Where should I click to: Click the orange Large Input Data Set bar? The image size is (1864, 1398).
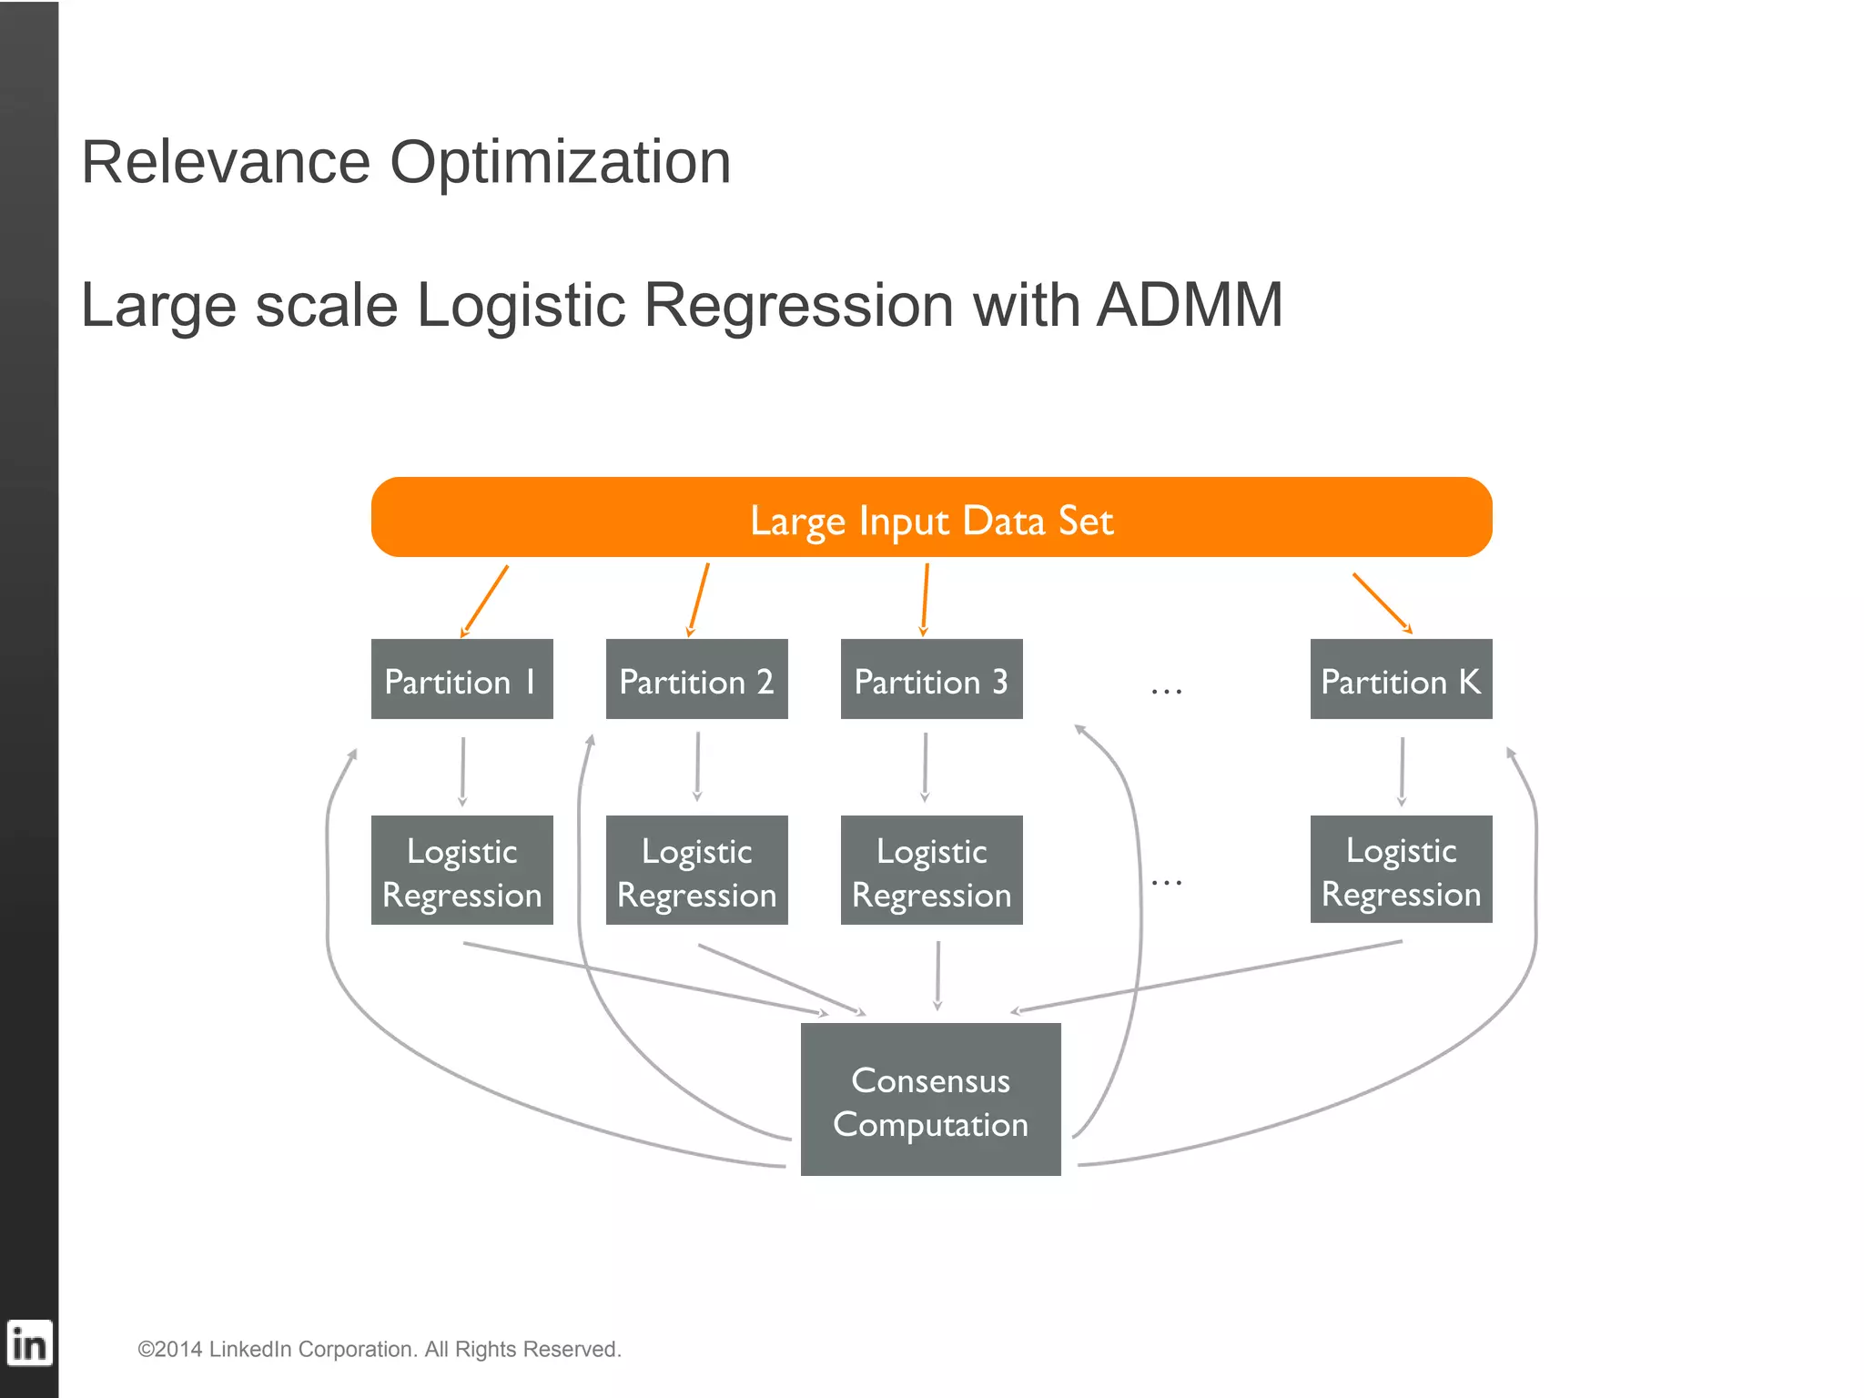tap(931, 517)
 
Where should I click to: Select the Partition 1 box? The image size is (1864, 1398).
tap(461, 679)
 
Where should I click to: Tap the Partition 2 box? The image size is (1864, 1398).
tap(696, 679)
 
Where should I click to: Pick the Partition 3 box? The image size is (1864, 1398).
tap(931, 679)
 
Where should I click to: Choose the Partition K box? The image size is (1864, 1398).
tap(1401, 679)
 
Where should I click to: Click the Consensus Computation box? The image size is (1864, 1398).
tap(930, 1099)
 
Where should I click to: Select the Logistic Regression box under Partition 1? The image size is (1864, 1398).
tap(461, 870)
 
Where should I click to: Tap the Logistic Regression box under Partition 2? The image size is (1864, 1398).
tap(696, 870)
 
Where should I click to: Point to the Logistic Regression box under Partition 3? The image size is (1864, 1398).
tap(931, 870)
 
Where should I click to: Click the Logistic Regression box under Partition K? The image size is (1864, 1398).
tap(1401, 869)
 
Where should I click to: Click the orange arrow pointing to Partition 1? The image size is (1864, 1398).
tap(485, 601)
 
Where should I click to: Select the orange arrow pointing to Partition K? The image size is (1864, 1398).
tap(1382, 603)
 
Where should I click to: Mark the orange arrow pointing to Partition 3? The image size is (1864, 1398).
tap(925, 599)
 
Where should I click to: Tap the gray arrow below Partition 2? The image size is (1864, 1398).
tap(697, 766)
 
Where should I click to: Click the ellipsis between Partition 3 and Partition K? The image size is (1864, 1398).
tap(1166, 692)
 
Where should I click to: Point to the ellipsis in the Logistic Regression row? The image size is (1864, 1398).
tap(1166, 882)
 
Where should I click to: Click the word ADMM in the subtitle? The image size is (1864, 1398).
tap(1189, 304)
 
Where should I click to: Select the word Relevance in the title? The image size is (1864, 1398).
tap(226, 162)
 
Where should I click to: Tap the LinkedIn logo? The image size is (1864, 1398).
tap(29, 1343)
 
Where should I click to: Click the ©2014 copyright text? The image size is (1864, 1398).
tap(379, 1349)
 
